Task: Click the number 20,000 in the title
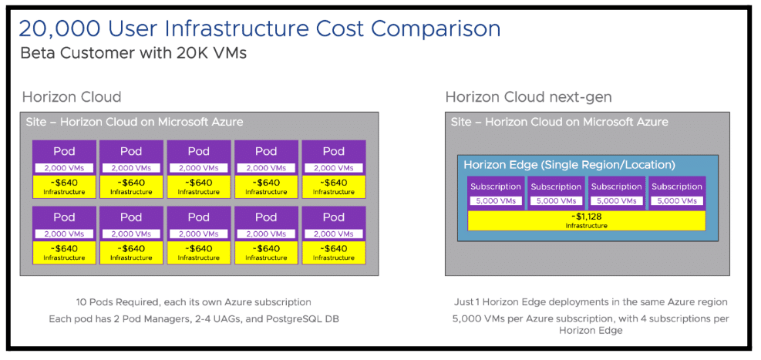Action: click(59, 29)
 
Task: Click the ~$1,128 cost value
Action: click(586, 217)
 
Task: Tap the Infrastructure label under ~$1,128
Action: click(586, 226)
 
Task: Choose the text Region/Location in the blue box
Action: click(625, 165)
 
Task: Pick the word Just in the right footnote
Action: click(464, 302)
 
